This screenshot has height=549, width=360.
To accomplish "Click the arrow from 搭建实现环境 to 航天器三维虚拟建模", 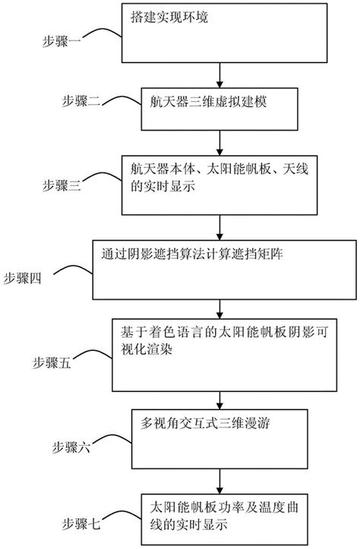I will pos(220,71).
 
